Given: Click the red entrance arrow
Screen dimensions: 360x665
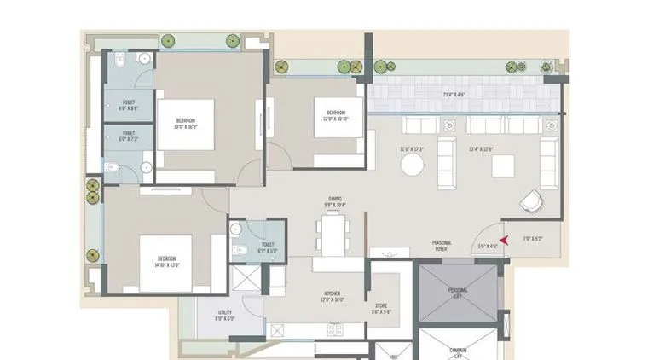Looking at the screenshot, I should point(505,241).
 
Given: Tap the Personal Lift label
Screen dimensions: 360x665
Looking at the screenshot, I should point(458,293).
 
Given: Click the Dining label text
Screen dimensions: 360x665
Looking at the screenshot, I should point(333,203).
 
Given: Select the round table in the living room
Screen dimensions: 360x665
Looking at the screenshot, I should point(413,163).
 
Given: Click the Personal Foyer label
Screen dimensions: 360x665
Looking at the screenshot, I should point(442,246).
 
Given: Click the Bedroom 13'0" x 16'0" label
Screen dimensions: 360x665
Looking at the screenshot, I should point(187,124).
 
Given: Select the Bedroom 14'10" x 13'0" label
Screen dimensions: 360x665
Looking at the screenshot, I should point(166,262).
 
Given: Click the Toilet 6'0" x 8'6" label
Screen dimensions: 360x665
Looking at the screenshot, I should point(129,105).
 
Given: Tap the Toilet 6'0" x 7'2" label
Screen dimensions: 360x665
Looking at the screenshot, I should point(129,136).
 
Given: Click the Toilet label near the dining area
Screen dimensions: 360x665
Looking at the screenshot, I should point(268,224).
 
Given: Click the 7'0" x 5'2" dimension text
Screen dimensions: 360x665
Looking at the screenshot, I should point(533,240).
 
